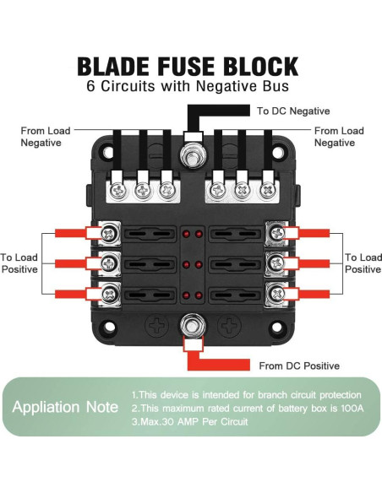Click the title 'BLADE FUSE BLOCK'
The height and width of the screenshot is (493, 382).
[187, 67]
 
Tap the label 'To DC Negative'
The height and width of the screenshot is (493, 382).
[292, 111]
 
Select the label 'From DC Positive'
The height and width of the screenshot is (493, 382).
[299, 366]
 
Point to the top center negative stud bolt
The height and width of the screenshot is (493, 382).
[192, 154]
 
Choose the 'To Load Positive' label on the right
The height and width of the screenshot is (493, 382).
[363, 263]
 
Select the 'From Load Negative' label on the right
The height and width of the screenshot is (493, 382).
[339, 137]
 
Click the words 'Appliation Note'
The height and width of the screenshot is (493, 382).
[65, 407]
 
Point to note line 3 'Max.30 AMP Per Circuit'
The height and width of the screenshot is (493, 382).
[192, 423]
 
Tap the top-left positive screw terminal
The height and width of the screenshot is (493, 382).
[110, 232]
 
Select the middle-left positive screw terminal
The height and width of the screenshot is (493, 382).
[110, 263]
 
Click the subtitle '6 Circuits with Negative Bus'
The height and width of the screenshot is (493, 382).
[187, 87]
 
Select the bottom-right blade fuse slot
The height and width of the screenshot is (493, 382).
[232, 294]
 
